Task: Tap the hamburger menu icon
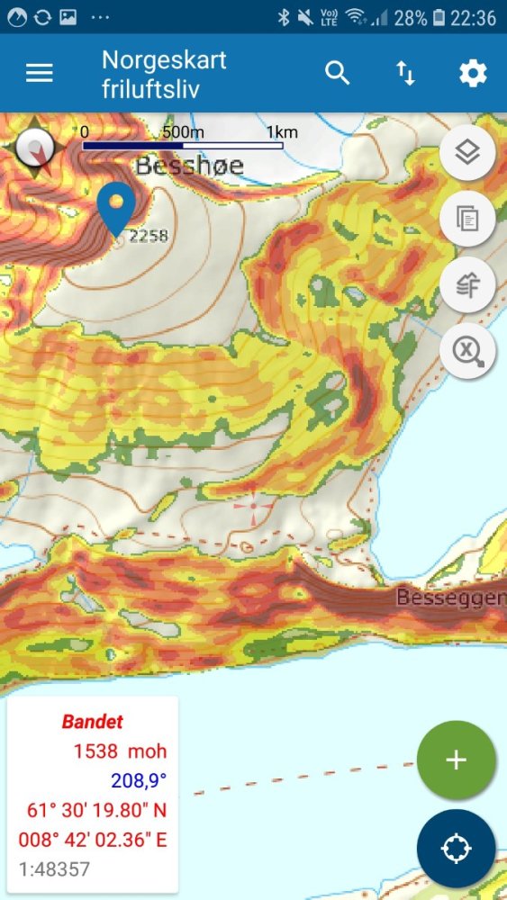point(40,73)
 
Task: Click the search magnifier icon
point(338,73)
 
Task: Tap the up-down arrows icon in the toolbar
point(406,73)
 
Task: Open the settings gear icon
point(473,73)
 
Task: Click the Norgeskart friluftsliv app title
point(164,73)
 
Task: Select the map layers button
point(466,152)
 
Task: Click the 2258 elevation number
point(149,236)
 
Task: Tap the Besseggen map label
point(450,597)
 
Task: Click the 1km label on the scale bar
point(282,132)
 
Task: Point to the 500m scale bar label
point(183,132)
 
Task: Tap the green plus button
point(457,760)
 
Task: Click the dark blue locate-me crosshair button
point(457,849)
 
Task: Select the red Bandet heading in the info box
point(92,721)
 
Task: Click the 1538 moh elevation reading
point(120,751)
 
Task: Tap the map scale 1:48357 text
point(55,869)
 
